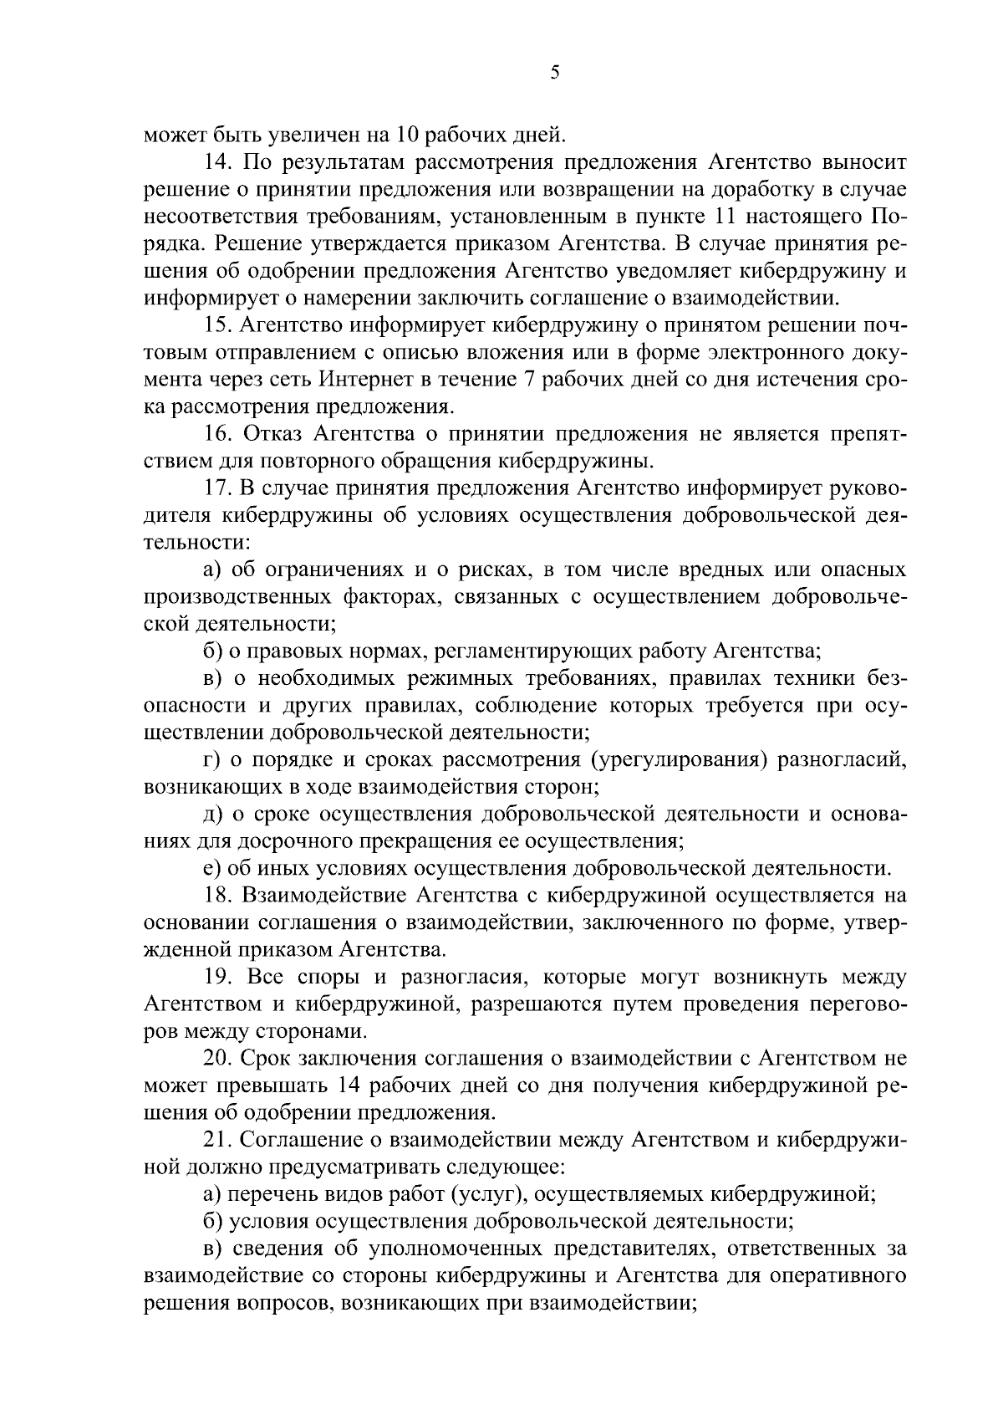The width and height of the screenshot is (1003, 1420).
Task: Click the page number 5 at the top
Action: coord(554,74)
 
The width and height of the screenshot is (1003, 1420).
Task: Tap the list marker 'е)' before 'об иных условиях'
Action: coord(212,869)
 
